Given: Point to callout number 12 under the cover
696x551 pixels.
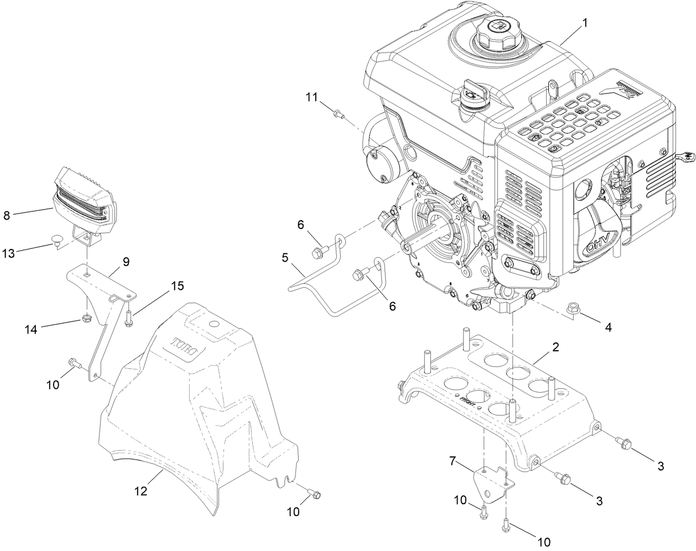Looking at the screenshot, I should point(142,490).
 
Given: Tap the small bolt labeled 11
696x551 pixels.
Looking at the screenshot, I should point(337,115).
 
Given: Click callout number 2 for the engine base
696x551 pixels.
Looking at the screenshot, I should point(555,347).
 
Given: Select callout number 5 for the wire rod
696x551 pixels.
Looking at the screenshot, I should point(285,257).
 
